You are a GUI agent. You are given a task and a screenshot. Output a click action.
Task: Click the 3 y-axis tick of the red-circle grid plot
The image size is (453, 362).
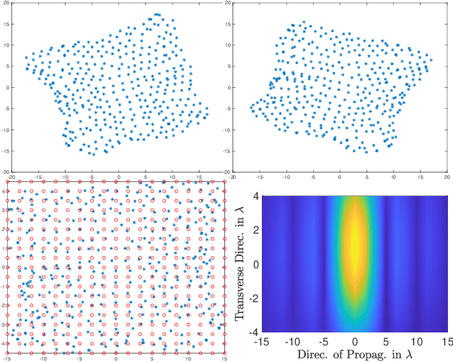[3, 210]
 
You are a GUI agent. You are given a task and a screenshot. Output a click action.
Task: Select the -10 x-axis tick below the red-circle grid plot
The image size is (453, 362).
[43, 358]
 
